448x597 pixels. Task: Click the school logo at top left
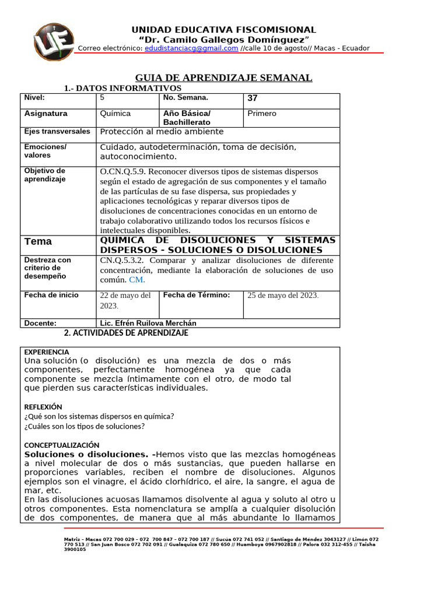click(54, 42)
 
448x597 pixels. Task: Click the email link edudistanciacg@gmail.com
click(191, 48)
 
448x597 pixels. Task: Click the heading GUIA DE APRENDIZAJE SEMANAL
click(223, 78)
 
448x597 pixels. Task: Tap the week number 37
click(253, 99)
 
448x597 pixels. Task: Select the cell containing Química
click(116, 114)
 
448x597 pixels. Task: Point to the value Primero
click(262, 114)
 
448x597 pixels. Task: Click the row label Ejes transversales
click(57, 132)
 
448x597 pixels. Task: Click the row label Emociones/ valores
click(45, 151)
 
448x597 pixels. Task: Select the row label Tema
click(38, 241)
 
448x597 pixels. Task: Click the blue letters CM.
click(137, 280)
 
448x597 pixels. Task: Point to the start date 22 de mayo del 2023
click(125, 300)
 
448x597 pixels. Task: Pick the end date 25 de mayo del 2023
click(283, 295)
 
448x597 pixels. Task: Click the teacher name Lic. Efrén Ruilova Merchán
click(148, 323)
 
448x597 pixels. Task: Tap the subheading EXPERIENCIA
click(47, 352)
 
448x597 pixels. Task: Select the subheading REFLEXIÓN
click(43, 407)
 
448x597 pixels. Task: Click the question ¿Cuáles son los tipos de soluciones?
click(85, 426)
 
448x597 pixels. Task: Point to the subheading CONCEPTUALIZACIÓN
click(62, 445)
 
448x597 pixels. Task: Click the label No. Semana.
click(185, 98)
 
